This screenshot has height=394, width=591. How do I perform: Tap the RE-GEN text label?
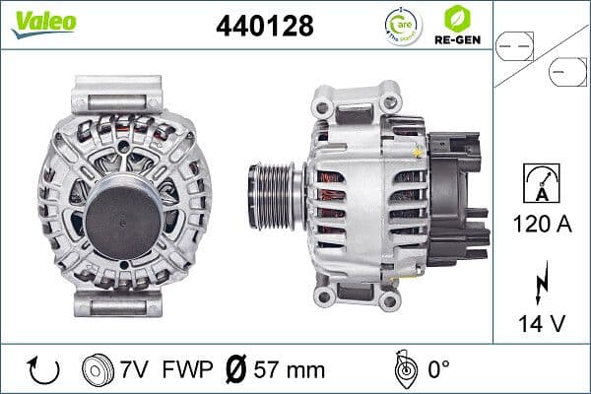tap(456, 40)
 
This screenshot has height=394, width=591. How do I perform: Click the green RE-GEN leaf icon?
tap(456, 18)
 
